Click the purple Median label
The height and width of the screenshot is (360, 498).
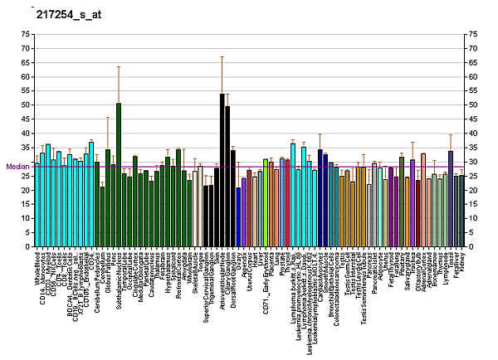[x=17, y=166]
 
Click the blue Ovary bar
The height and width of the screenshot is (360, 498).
[x=239, y=216]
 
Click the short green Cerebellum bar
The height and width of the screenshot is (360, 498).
[x=102, y=216]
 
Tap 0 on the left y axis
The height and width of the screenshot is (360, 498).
[x=27, y=246]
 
